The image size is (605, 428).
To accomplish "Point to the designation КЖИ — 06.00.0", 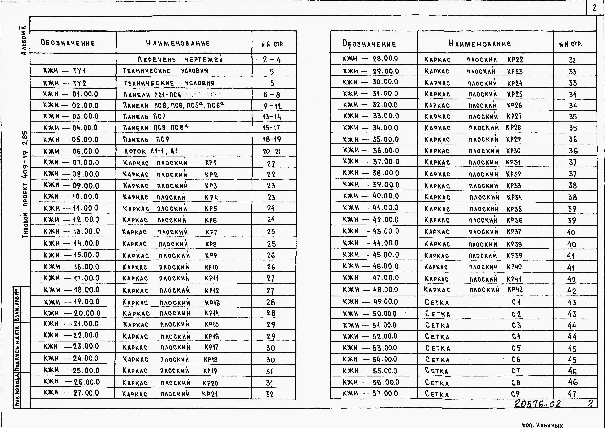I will coord(71,151).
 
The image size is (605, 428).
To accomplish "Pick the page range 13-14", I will coord(272,117).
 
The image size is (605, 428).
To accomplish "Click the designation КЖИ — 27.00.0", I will coord(71,393).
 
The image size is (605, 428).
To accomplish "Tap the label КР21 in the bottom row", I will coord(210,394).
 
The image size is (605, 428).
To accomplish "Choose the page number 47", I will coord(572,394).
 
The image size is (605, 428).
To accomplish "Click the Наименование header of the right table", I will coord(480,44).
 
